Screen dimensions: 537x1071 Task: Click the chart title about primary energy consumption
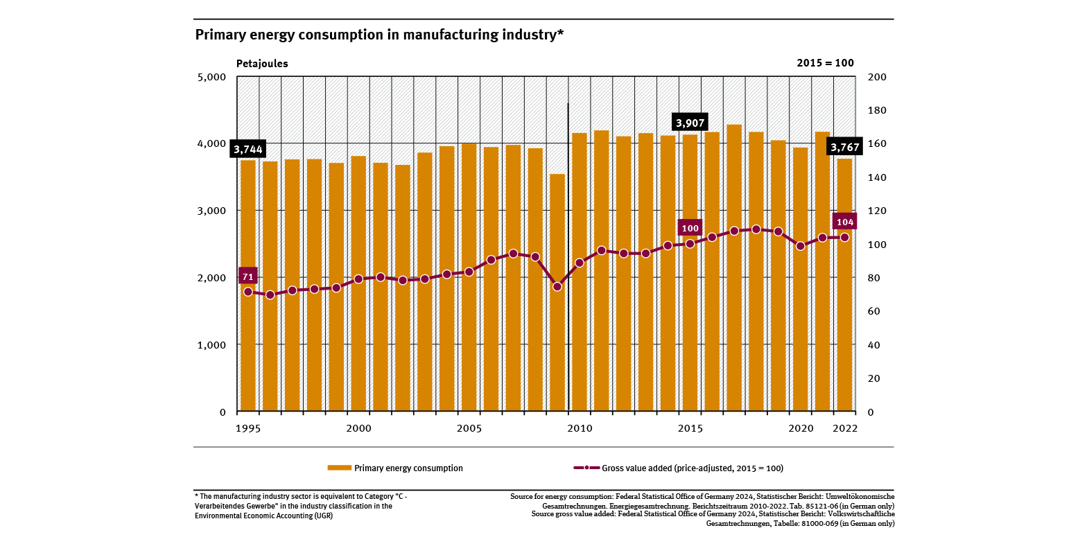point(379,35)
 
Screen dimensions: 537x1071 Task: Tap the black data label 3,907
point(690,123)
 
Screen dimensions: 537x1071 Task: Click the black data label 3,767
point(845,147)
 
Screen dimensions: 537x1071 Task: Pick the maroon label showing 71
point(247,276)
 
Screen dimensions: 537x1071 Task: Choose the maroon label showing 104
point(844,222)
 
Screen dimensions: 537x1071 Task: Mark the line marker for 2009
point(557,286)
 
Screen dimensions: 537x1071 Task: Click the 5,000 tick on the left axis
point(212,77)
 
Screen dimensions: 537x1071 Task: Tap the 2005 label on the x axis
point(469,428)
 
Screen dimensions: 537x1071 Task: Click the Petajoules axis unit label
point(262,64)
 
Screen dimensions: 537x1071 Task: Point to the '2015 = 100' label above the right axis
point(825,63)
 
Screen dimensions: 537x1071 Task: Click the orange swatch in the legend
point(339,468)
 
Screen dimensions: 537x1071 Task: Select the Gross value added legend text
point(692,468)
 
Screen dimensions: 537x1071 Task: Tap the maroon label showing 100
point(690,228)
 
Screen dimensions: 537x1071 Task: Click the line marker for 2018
point(756,229)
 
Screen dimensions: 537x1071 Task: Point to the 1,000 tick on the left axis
point(212,344)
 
